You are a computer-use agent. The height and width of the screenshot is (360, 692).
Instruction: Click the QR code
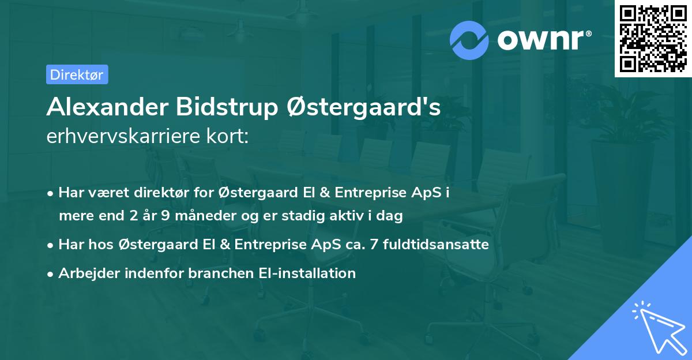pyautogui.click(x=653, y=38)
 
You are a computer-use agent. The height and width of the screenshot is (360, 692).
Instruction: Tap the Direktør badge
pyautogui.click(x=77, y=74)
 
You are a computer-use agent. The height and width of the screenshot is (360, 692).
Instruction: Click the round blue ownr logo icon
pyautogui.click(x=470, y=40)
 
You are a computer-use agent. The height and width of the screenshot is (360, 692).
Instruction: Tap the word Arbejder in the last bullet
pyautogui.click(x=86, y=273)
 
